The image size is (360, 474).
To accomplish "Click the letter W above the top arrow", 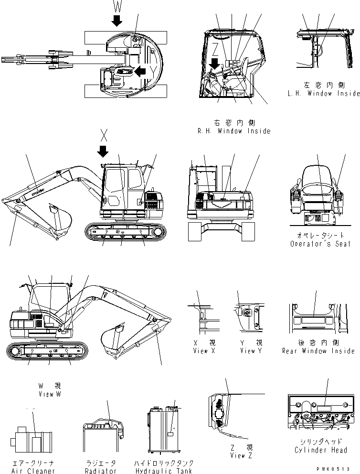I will tap(117, 6).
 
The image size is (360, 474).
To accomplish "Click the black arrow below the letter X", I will tap(102, 151).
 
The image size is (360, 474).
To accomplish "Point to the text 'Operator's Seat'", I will tap(320, 244).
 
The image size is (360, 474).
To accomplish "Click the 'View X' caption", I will tap(201, 351).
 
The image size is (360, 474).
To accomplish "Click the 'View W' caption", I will tap(50, 394).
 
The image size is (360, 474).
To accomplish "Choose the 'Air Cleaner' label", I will tap(32, 471).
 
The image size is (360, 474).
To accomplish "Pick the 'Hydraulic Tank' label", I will tap(164, 471).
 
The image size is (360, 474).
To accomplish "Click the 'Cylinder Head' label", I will tap(320, 450).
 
